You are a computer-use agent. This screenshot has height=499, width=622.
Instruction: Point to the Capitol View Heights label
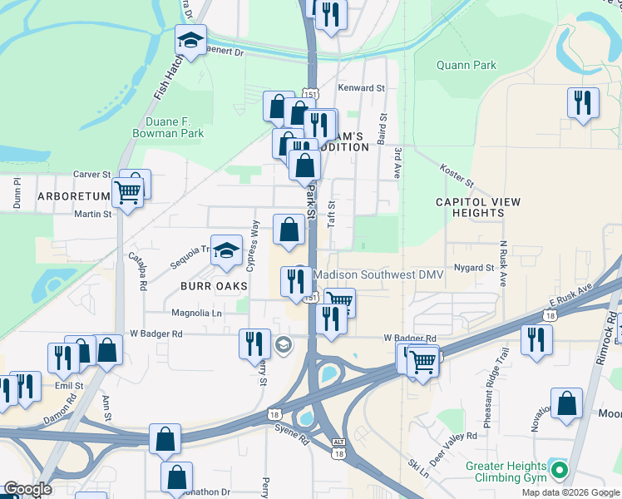pyautogui.click(x=478, y=207)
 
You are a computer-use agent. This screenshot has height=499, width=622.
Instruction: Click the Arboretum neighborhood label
pyautogui.click(x=73, y=196)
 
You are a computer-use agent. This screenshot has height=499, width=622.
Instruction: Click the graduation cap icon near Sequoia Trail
pyautogui.click(x=225, y=250)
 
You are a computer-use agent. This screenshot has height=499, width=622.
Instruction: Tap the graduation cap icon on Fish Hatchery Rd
pyautogui.click(x=190, y=40)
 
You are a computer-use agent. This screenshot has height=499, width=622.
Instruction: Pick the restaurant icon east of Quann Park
pyautogui.click(x=582, y=103)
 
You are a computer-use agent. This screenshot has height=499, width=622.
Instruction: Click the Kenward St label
pyautogui.click(x=361, y=87)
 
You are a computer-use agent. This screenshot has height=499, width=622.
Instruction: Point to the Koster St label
pyautogui.click(x=457, y=175)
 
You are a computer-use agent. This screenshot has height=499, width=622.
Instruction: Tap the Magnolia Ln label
pyautogui.click(x=196, y=313)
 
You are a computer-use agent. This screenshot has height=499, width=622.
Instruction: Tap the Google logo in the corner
pyautogui.click(x=27, y=489)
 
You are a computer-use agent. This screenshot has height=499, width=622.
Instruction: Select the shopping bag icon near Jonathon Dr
pyautogui.click(x=176, y=478)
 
